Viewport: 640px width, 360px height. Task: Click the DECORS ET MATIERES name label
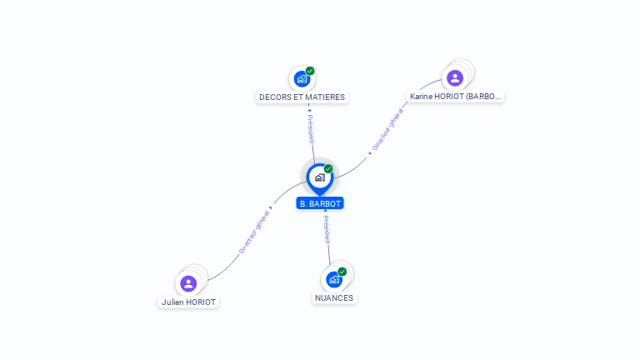[302, 97]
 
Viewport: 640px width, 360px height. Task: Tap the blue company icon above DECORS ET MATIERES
[301, 79]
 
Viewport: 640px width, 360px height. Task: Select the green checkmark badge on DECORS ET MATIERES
[310, 71]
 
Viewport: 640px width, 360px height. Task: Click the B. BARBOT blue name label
[320, 203]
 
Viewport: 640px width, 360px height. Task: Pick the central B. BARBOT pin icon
[319, 177]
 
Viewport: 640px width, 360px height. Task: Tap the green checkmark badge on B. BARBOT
[328, 169]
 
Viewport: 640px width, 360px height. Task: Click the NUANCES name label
[334, 297]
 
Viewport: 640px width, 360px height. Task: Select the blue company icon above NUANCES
[333, 279]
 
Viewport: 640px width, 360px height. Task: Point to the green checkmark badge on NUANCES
[342, 272]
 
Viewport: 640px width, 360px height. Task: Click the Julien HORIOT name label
[188, 302]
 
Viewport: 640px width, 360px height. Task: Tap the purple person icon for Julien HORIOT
[188, 283]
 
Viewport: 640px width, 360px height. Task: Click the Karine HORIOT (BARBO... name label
[455, 97]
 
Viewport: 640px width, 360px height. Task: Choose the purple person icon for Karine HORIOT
[454, 78]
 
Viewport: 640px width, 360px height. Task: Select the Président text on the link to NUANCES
[327, 229]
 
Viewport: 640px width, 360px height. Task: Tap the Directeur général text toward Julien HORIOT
[253, 232]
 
